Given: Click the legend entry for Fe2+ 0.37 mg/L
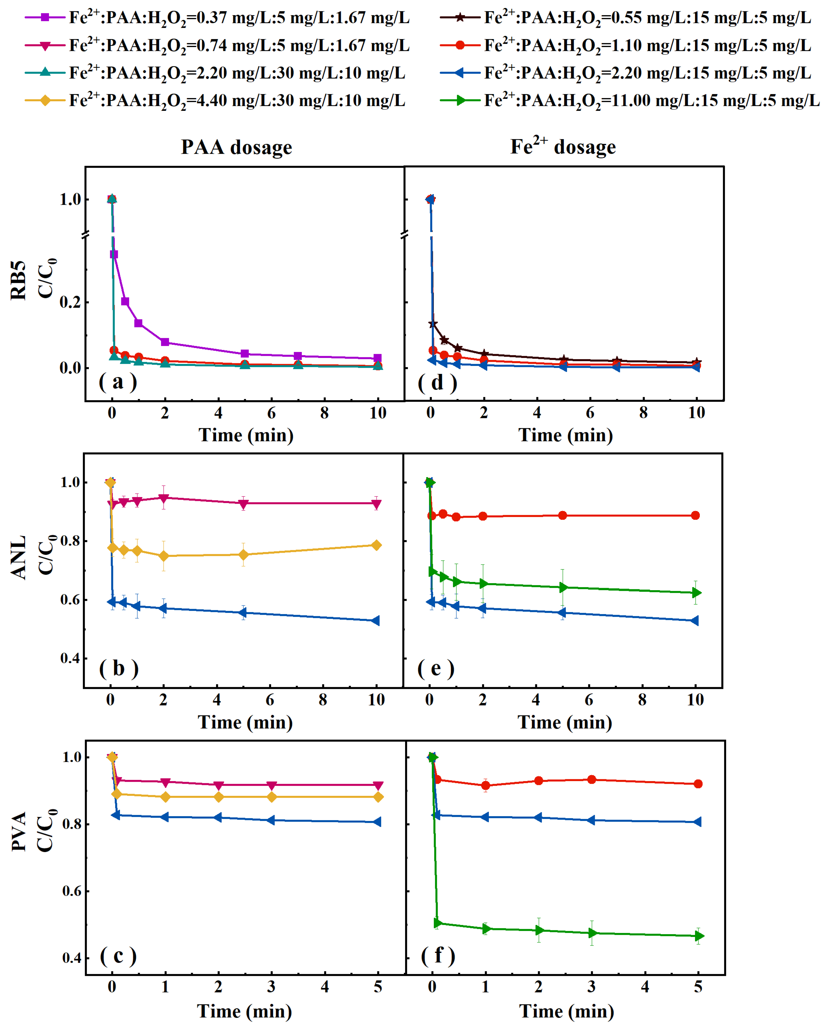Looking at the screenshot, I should click(x=217, y=18).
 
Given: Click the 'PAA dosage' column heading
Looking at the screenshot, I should click(x=236, y=147).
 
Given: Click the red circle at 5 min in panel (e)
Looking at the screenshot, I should click(x=562, y=515).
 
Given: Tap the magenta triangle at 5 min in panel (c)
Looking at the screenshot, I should click(x=378, y=785).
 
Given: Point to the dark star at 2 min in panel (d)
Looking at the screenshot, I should click(x=484, y=353).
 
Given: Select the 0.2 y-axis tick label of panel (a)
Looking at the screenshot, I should click(x=70, y=302).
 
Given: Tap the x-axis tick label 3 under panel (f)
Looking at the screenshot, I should click(x=592, y=987).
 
